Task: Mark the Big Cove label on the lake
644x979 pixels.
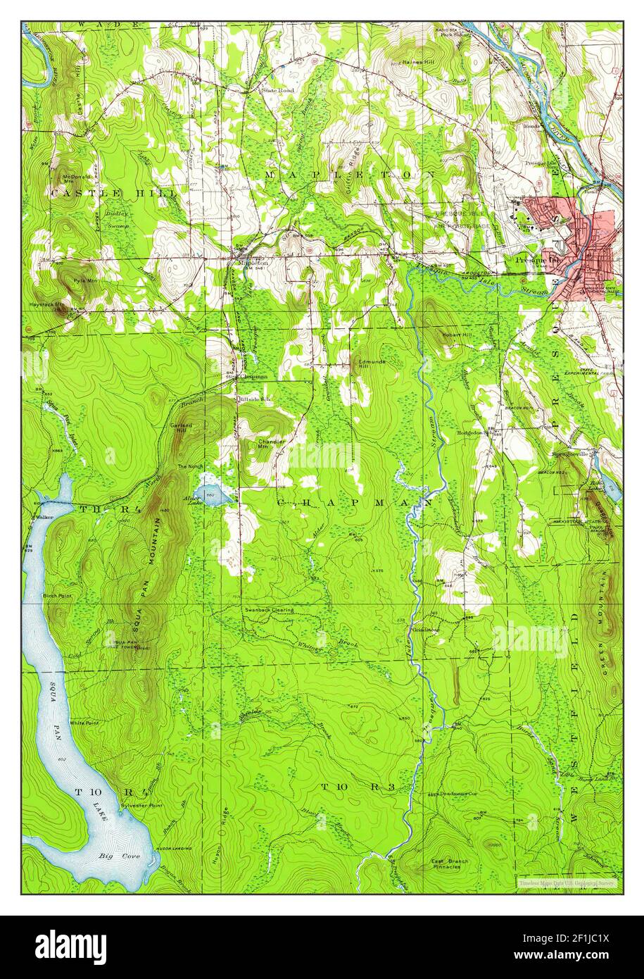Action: [116, 856]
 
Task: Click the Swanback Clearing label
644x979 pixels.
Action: [269, 609]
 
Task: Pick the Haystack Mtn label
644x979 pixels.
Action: [49, 305]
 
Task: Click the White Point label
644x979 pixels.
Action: [82, 723]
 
